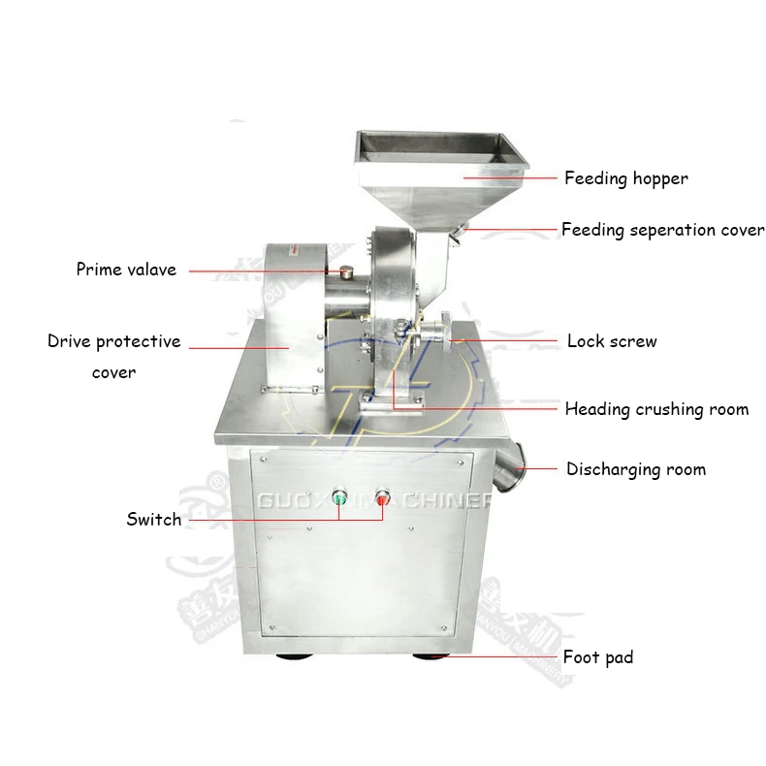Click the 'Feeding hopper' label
pos(625,178)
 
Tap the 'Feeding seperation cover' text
pos(662,230)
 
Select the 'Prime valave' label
pos(126,270)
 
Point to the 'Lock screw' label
pos(611,341)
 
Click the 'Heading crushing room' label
pos(656,409)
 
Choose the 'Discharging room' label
pos(635,469)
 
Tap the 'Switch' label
pos(153,520)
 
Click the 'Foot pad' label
pos(597,657)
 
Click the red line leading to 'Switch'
pos(262,520)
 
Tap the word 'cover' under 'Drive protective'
pos(113,372)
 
